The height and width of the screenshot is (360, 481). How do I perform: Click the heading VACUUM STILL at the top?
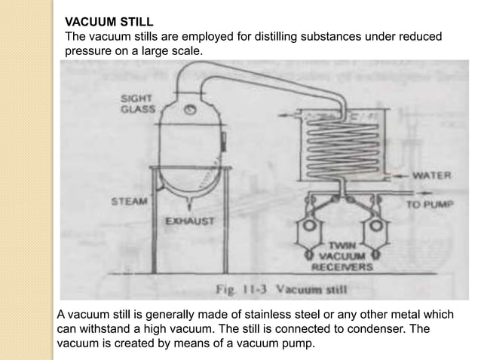109,22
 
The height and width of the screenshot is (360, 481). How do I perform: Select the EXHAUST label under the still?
190,221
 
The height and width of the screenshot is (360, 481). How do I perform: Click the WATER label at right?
432,176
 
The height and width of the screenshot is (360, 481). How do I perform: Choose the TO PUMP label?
429,204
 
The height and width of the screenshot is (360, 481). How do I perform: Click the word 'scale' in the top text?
187,52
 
